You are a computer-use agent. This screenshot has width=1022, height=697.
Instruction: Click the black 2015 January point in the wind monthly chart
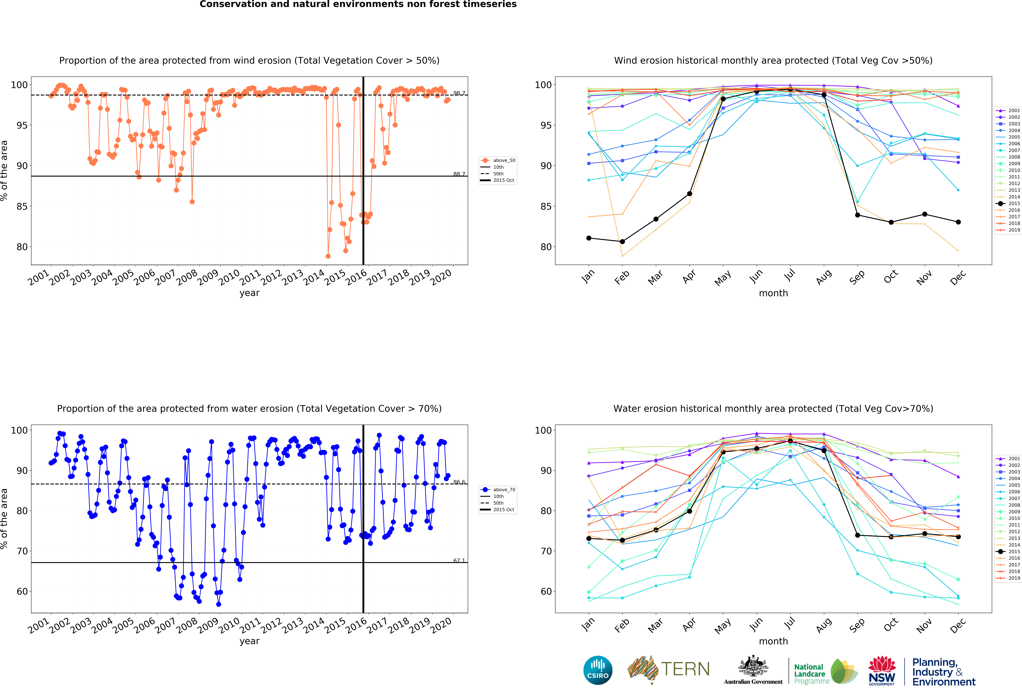pyautogui.click(x=589, y=238)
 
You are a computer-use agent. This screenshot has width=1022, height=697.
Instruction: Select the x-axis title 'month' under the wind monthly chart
pyautogui.click(x=773, y=293)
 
